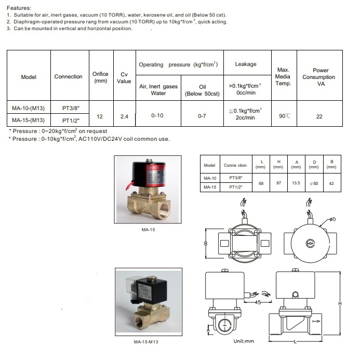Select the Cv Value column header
pos(124,77)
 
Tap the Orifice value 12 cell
pos(100,116)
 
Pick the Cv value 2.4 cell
pos(124,116)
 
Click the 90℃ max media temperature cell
pos(284,116)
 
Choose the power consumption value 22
pos(319,116)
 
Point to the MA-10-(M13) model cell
pos(29,109)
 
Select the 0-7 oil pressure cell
pos(202,116)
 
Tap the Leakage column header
pos(246,64)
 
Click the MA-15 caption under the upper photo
pos(149,229)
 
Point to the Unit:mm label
pos(243,341)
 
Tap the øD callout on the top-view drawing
pos(331,219)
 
